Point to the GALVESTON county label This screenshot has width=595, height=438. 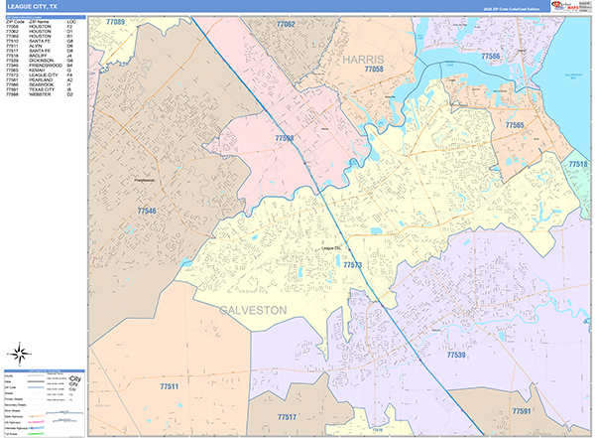click(248, 310)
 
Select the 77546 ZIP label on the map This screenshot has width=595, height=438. click(146, 212)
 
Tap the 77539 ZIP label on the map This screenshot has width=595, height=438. click(455, 355)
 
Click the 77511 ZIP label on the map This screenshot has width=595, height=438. click(170, 385)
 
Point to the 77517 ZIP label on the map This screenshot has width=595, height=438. click(288, 416)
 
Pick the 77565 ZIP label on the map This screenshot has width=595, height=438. click(514, 125)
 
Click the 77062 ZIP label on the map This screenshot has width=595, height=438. click(285, 23)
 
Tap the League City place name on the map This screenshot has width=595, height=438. click(331, 247)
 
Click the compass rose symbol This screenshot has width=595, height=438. click(21, 352)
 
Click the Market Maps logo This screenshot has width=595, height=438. click(566, 6)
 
